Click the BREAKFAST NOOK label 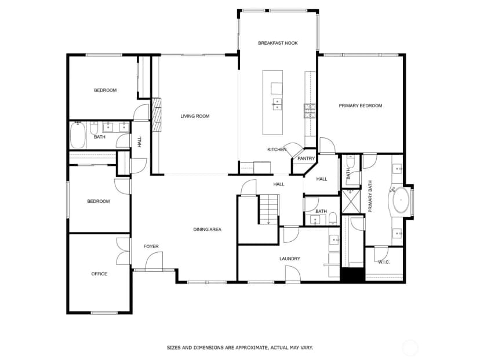point(278,43)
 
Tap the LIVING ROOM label point(195,116)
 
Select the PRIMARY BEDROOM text point(361,106)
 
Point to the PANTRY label point(306,159)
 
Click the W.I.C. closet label point(384,262)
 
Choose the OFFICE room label point(99,274)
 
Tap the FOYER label point(151,246)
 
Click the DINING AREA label point(207,230)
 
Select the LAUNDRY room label point(290,259)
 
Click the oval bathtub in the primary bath point(401,200)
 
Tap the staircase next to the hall point(269,209)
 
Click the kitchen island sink point(277,104)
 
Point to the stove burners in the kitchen point(310,111)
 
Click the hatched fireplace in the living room point(157,115)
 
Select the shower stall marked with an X point(351,201)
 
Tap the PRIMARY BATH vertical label point(370,197)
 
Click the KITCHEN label point(277,150)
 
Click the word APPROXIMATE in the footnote point(249,348)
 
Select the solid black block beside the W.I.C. point(352,274)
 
